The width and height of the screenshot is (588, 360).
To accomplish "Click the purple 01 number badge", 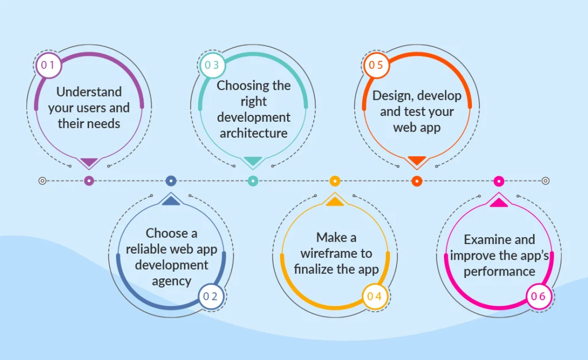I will [x=48, y=65].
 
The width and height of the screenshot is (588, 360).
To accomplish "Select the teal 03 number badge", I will [x=212, y=65].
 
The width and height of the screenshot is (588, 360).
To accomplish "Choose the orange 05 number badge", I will [x=376, y=65].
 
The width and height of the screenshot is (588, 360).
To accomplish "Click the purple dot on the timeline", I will [x=88, y=181].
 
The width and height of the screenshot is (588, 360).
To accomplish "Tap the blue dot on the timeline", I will [x=171, y=181].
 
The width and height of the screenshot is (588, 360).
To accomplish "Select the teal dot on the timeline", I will [x=253, y=181].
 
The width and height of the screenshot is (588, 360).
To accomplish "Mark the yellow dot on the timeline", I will [x=335, y=181].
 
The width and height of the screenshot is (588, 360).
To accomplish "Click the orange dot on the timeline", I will [x=417, y=181].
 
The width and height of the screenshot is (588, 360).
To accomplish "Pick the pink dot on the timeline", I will [x=499, y=181].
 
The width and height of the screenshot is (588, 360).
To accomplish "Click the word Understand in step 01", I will [x=89, y=92].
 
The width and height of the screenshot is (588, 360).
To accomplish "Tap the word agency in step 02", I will [x=171, y=281].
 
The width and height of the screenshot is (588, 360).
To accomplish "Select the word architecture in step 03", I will [x=253, y=134].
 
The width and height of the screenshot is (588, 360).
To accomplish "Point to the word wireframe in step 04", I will [x=320, y=253].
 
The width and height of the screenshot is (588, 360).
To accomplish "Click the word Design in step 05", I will [x=391, y=96].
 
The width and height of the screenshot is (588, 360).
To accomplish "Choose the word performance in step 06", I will [x=500, y=271].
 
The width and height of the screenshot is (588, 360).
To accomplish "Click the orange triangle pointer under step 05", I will [x=417, y=160].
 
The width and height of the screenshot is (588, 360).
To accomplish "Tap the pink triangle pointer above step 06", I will [x=499, y=202].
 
